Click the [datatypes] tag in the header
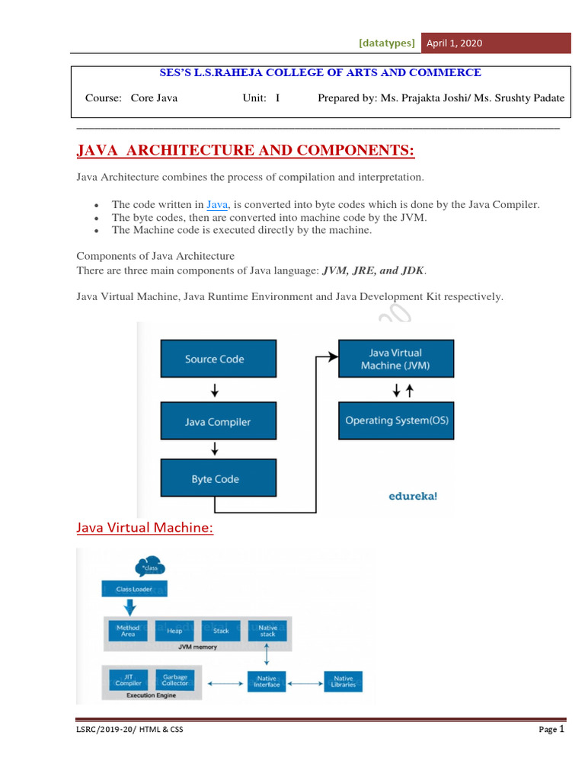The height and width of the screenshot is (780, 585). tap(387, 43)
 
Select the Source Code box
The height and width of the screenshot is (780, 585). tap(214, 359)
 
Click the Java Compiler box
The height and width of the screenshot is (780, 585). tap(217, 422)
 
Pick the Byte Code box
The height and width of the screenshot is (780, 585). tap(215, 479)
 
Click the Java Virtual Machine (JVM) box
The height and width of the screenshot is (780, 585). tap(396, 359)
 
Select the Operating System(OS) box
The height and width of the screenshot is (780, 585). tap(396, 420)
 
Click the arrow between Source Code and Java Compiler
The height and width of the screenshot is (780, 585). tap(215, 390)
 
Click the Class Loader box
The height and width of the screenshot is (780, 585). tap(134, 590)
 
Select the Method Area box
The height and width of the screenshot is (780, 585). tap(127, 630)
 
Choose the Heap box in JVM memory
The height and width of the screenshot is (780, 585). tap(174, 631)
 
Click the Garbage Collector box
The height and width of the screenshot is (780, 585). tap(174, 680)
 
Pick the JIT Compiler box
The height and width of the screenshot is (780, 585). tap(127, 680)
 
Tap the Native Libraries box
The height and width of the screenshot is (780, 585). tap(344, 681)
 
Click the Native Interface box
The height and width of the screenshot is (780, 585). tap(267, 681)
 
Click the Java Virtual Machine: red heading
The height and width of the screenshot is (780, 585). tap(145, 528)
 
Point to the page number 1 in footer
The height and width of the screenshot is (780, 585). tap(561, 729)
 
